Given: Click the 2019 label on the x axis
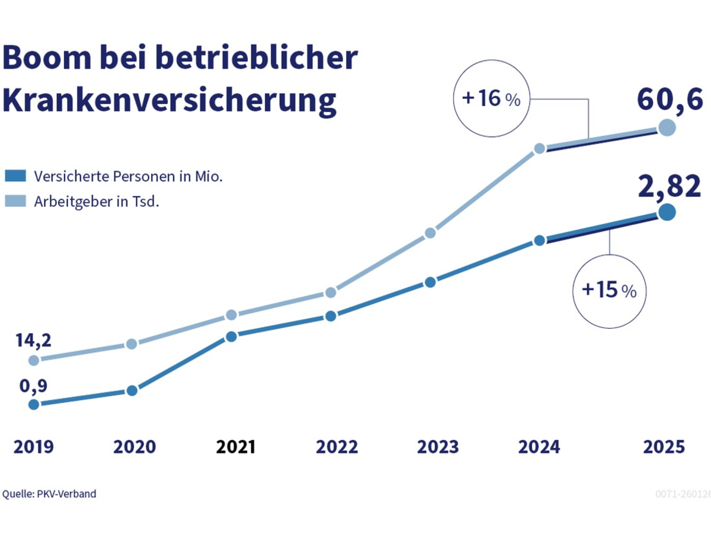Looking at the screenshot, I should (33, 447).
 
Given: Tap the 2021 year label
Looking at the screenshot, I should (236, 447).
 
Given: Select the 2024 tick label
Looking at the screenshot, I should (539, 447).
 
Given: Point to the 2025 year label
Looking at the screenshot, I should (664, 447).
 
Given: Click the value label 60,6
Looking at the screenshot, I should (670, 99).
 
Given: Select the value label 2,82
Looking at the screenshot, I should (670, 186).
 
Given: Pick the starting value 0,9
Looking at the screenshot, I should (33, 386).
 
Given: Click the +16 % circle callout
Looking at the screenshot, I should (491, 98).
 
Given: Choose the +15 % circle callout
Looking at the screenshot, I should (609, 290).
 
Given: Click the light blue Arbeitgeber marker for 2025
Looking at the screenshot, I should (667, 128).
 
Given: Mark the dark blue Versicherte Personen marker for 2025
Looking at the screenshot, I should (667, 212).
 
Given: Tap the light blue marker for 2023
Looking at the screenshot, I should (431, 233).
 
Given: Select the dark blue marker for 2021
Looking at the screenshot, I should (232, 336).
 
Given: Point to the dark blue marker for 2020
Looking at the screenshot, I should (132, 390).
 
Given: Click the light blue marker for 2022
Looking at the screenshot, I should (331, 293).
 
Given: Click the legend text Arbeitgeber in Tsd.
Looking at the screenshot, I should (97, 202).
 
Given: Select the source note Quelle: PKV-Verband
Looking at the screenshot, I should (49, 494).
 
